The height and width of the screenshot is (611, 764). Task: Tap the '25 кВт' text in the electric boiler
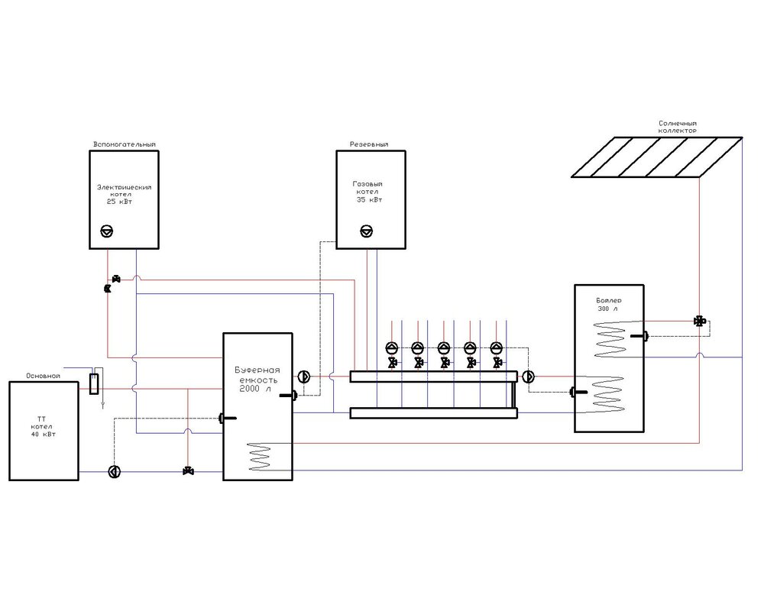pyautogui.click(x=123, y=202)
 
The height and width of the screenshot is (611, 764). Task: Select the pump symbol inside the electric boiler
pyautogui.click(x=108, y=230)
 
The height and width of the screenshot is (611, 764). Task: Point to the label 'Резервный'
pyautogui.click(x=369, y=144)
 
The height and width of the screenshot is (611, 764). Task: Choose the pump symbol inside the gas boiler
pyautogui.click(x=366, y=230)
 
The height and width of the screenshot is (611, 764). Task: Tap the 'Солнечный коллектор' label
pyautogui.click(x=678, y=126)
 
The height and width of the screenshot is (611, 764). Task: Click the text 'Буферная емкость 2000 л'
pyautogui.click(x=254, y=380)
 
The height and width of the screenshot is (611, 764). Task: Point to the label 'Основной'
pyautogui.click(x=42, y=376)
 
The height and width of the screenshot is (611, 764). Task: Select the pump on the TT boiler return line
pyautogui.click(x=115, y=470)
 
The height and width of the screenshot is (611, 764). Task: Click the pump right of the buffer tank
pyautogui.click(x=303, y=377)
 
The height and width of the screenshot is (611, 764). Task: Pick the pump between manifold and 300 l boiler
pyautogui.click(x=529, y=377)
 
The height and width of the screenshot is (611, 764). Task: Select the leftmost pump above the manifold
pyautogui.click(x=391, y=348)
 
